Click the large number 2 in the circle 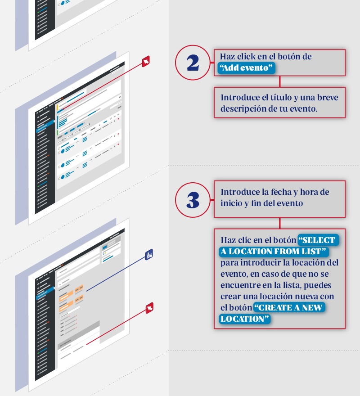[193, 63]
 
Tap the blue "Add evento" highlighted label [246, 67]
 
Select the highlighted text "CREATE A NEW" [289, 308]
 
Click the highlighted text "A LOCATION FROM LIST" [274, 251]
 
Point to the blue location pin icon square [149, 255]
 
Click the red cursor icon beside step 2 [146, 61]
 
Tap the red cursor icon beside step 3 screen [149, 308]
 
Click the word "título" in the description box [282, 98]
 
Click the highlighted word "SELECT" [319, 240]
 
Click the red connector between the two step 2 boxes [279, 81]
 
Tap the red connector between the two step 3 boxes [279, 223]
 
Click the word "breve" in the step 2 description [328, 98]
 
